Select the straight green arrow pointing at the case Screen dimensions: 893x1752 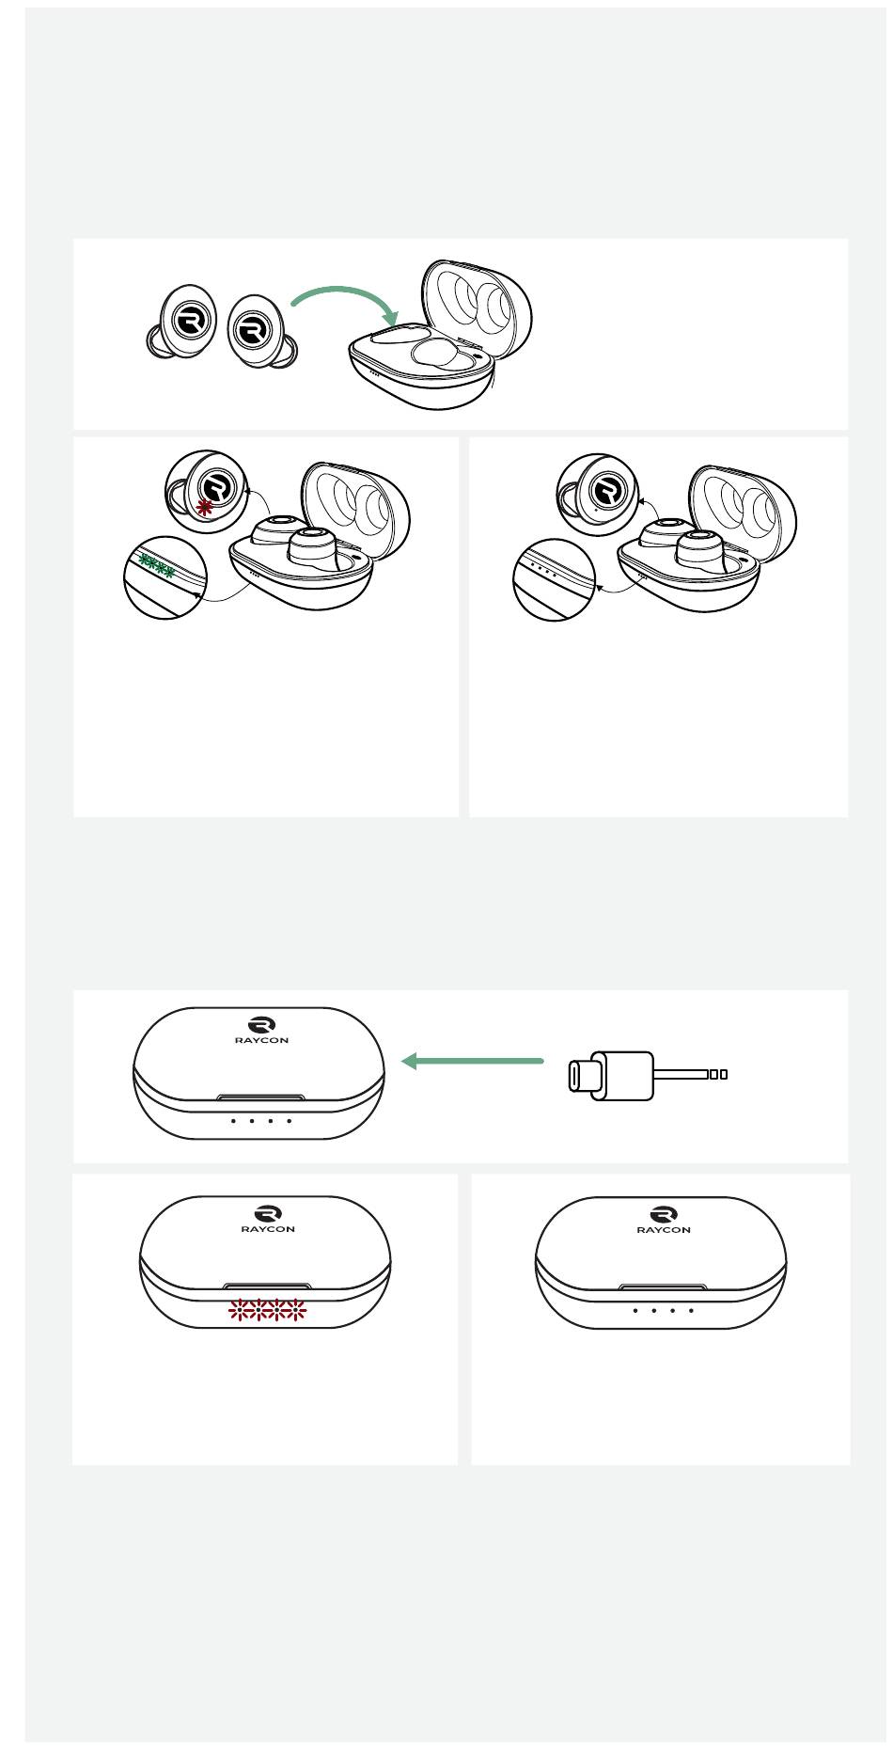pyautogui.click(x=473, y=1061)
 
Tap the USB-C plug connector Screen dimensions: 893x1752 pyautogui.click(x=611, y=1076)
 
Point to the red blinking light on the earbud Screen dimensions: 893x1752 pyautogui.click(x=204, y=507)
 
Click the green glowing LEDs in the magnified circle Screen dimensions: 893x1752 pyautogui.click(x=156, y=566)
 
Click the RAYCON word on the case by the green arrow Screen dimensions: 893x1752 pyautogui.click(x=261, y=1040)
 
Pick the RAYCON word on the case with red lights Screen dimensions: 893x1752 pyautogui.click(x=268, y=1228)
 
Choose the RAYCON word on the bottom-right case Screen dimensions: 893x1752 pyautogui.click(x=664, y=1229)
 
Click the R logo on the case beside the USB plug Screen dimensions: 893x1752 pyautogui.click(x=261, y=1024)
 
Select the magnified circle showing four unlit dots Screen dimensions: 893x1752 pyautogui.click(x=555, y=579)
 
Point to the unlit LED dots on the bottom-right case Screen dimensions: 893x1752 pyautogui.click(x=664, y=1310)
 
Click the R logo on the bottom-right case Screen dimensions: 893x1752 pyautogui.click(x=664, y=1213)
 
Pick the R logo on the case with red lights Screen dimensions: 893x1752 pyautogui.click(x=268, y=1212)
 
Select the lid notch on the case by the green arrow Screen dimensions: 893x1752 pyautogui.click(x=261, y=1097)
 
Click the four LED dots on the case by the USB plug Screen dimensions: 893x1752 pyautogui.click(x=261, y=1121)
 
